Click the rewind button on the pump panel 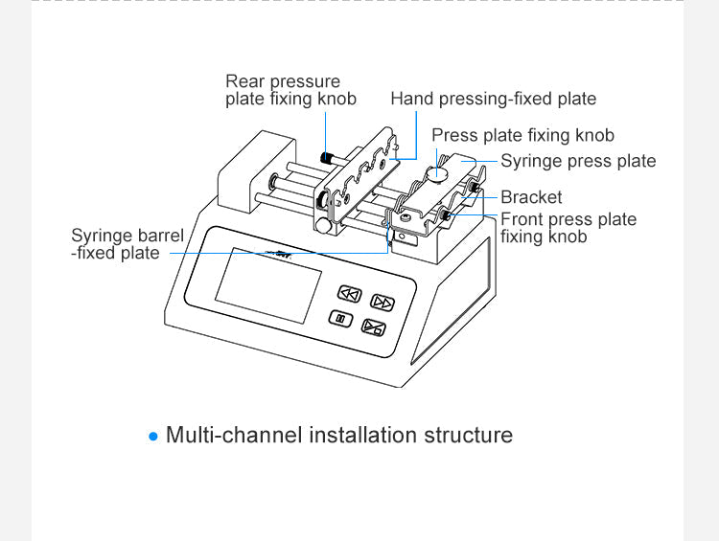(x=349, y=294)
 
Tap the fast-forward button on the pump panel (x=383, y=303)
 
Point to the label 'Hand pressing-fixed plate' (x=493, y=99)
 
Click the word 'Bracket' (x=531, y=197)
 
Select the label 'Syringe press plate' (x=578, y=161)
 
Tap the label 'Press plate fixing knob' (x=522, y=135)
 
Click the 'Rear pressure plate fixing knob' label (x=290, y=90)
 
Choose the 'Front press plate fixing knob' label (x=568, y=227)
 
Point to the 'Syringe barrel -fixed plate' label (x=127, y=244)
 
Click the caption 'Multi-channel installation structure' (x=339, y=435)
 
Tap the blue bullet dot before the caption (x=153, y=437)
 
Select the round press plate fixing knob (x=437, y=173)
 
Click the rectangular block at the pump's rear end (x=244, y=177)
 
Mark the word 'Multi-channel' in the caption (x=234, y=435)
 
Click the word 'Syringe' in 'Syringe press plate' (x=531, y=161)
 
